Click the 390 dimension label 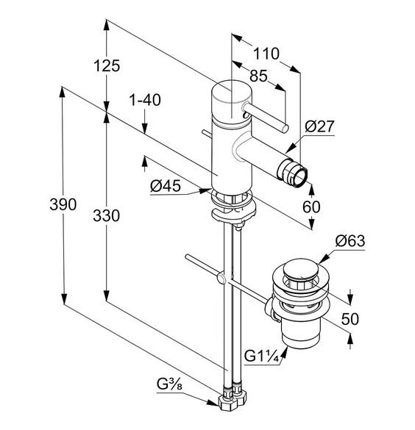click(x=63, y=204)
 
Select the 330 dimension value click(x=106, y=215)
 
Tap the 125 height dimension click(x=107, y=66)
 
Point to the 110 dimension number click(x=266, y=54)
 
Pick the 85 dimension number click(x=258, y=76)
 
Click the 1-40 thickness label click(x=145, y=100)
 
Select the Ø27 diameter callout click(x=319, y=126)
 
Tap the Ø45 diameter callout click(x=166, y=186)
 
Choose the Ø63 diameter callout click(x=350, y=241)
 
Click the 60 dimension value click(x=311, y=207)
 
